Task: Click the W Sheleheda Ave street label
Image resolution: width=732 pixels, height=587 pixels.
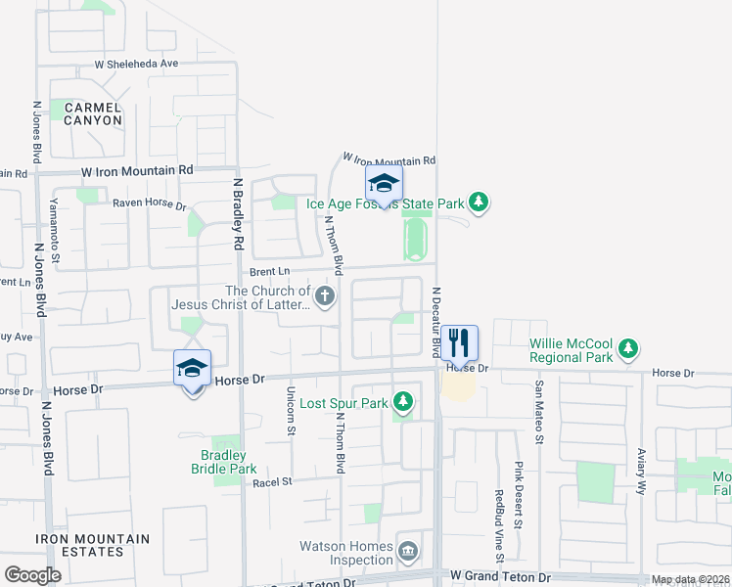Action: click(x=136, y=64)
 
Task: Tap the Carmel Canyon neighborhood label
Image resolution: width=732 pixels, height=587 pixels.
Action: click(x=93, y=113)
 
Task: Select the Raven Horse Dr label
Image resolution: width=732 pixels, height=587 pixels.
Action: click(x=149, y=205)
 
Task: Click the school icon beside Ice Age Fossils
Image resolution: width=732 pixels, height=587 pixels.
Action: click(x=384, y=183)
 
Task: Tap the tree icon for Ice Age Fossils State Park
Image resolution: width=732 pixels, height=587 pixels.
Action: click(x=478, y=203)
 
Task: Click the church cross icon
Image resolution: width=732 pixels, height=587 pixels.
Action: click(x=325, y=294)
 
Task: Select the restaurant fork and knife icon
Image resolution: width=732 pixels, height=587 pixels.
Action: click(x=459, y=342)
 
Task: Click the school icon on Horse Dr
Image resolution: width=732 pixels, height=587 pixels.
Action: click(x=193, y=368)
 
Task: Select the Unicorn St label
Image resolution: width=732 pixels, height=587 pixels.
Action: click(x=291, y=410)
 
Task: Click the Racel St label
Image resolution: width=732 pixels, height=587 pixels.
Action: click(x=273, y=482)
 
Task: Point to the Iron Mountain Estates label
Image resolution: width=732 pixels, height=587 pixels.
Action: click(x=93, y=545)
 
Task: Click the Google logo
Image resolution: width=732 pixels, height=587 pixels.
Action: click(x=32, y=575)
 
